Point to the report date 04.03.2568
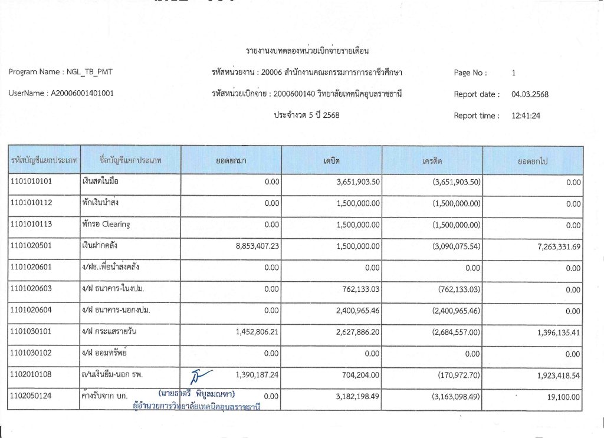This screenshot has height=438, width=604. coord(530,94)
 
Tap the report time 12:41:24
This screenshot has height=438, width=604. coord(526,116)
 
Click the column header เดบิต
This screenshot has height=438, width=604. coord(331,160)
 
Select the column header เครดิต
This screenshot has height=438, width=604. coord(432,160)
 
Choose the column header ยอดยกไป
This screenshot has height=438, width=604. coord(533,160)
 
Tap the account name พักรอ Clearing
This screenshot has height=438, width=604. coord(106,225)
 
